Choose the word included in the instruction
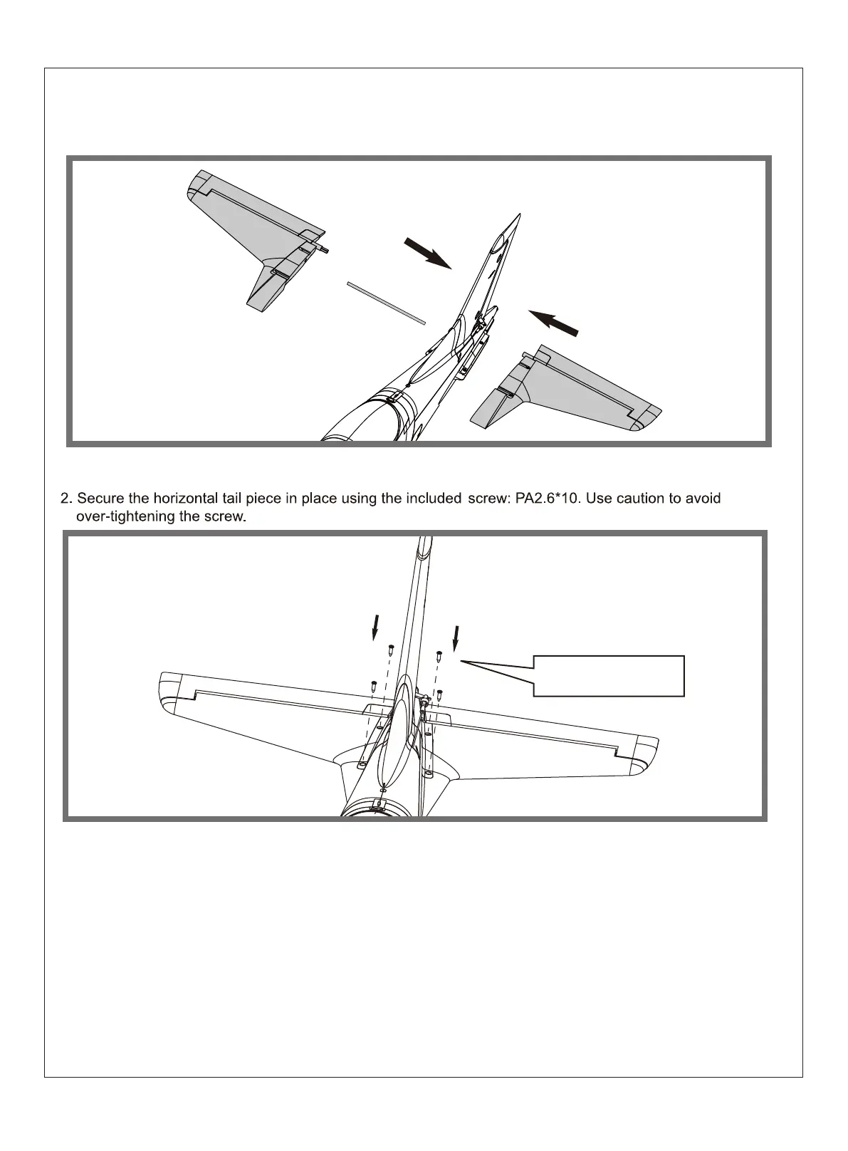pos(434,499)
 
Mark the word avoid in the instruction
pos(703,499)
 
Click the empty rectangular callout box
pos(609,675)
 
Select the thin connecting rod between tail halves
pos(386,303)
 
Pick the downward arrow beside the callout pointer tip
pos(456,638)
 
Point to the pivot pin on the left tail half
pos(324,249)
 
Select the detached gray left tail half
pos(249,235)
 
